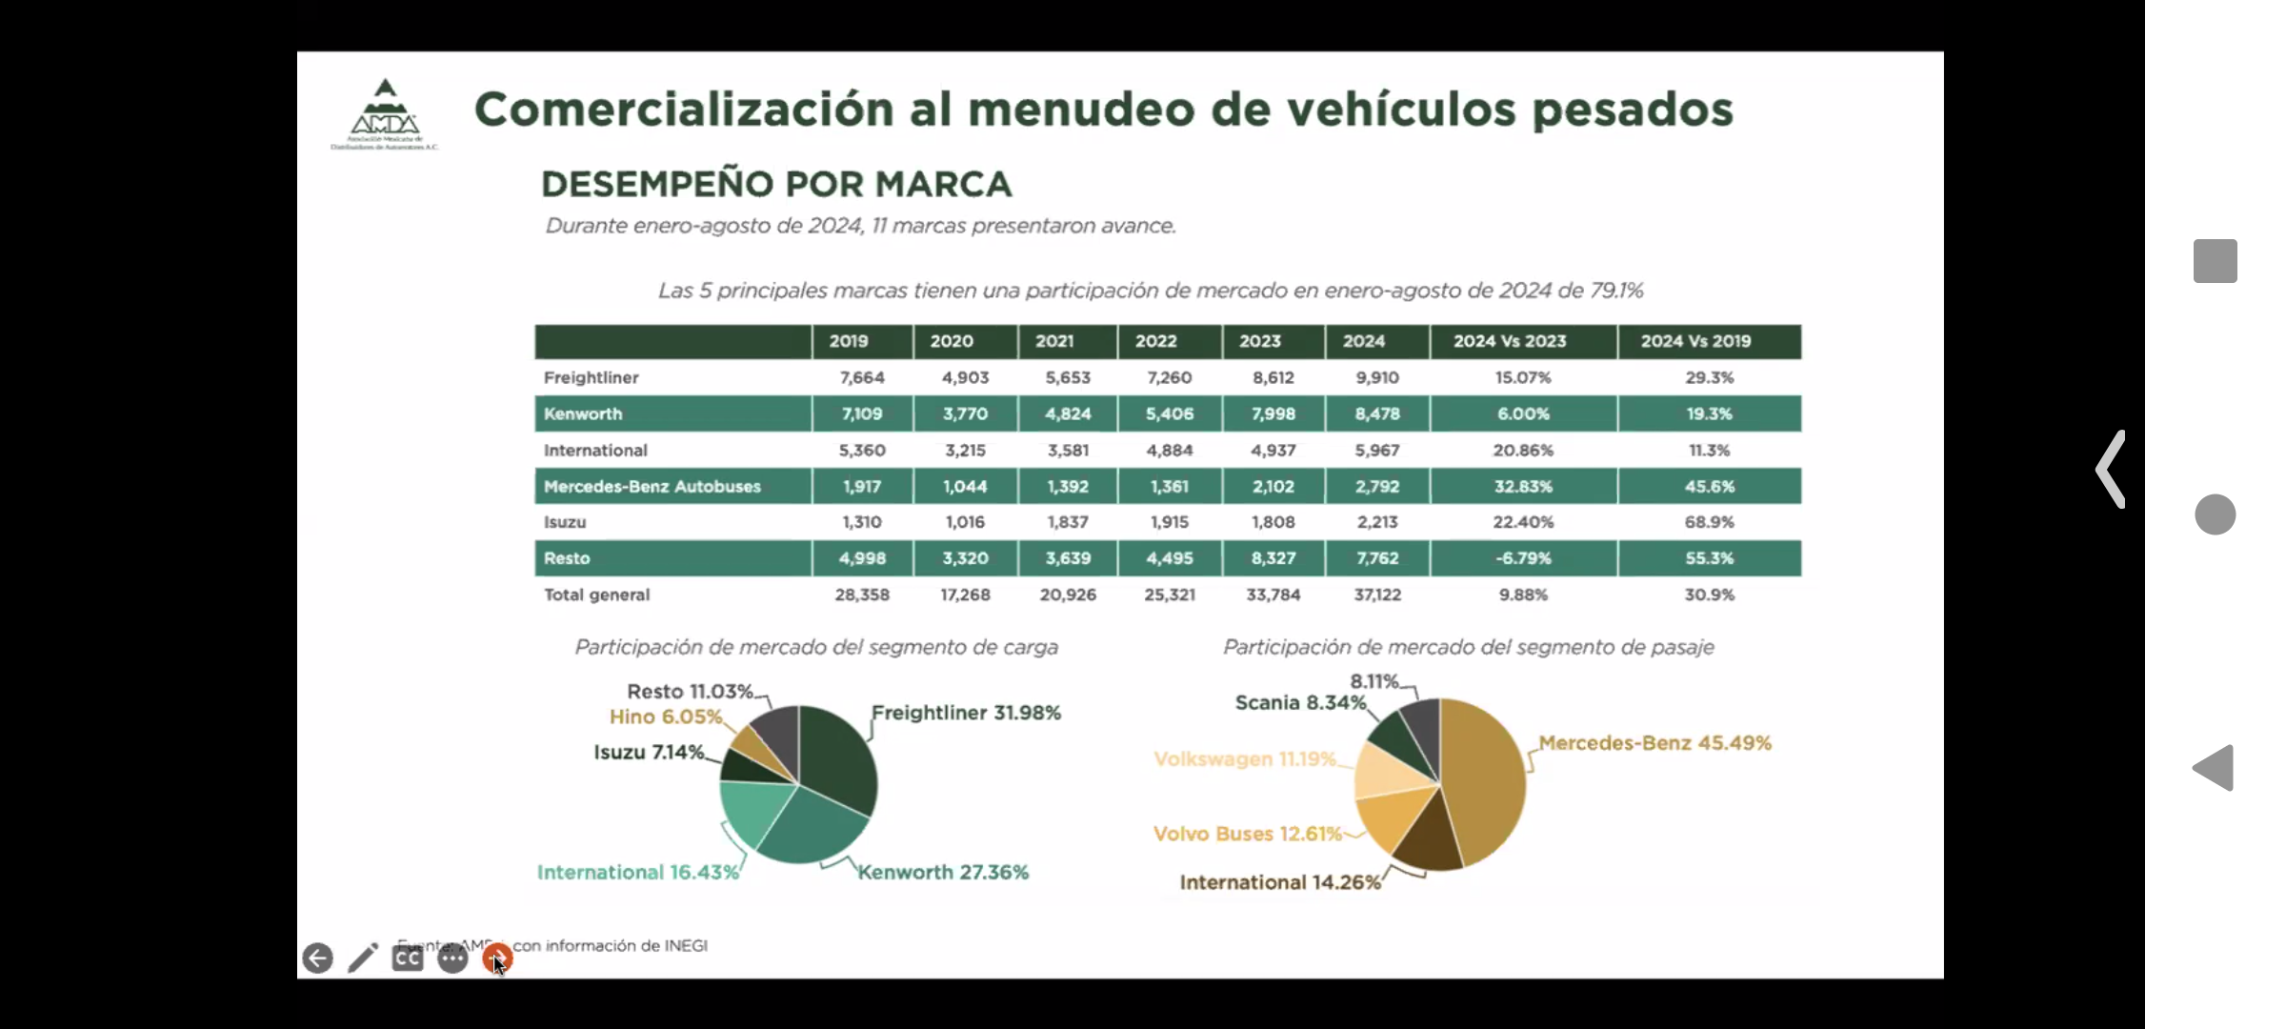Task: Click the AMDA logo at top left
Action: (x=385, y=113)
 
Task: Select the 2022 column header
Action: (x=1155, y=341)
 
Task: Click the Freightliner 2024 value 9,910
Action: (x=1377, y=377)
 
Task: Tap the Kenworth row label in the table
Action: (x=583, y=414)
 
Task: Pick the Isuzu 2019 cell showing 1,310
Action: (x=861, y=522)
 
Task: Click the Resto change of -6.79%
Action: (x=1522, y=558)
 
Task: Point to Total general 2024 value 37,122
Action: (x=1377, y=595)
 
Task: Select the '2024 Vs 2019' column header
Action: (x=1695, y=341)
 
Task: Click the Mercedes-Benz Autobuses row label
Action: (x=652, y=486)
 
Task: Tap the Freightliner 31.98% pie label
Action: (x=965, y=713)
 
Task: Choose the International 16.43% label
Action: (x=637, y=872)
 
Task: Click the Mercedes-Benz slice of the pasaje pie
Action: (x=1484, y=781)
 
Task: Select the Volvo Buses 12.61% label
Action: (x=1247, y=834)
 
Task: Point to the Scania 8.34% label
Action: (x=1300, y=703)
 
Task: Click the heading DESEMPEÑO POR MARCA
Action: (x=776, y=184)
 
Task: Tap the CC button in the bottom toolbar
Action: (x=408, y=958)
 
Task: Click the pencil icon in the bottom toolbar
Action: (x=362, y=958)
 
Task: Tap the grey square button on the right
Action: (x=2215, y=261)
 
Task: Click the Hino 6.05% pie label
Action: (x=666, y=716)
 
